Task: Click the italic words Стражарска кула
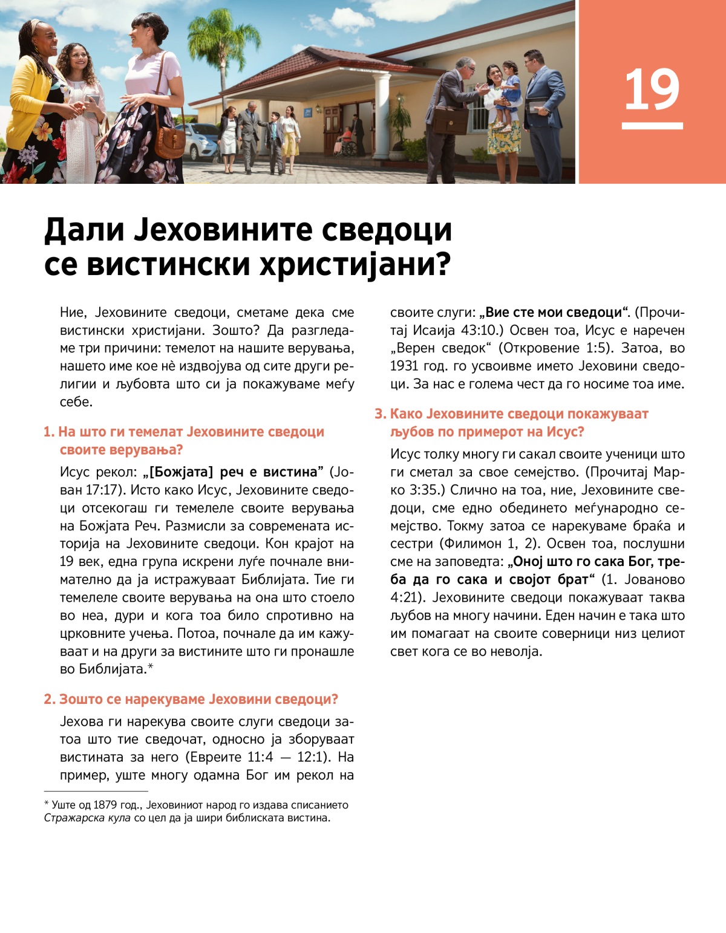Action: pyautogui.click(x=87, y=818)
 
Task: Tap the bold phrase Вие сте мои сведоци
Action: pyautogui.click(x=554, y=313)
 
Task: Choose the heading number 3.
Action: pyautogui.click(x=379, y=414)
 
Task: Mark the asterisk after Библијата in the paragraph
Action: pyautogui.click(x=151, y=667)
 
